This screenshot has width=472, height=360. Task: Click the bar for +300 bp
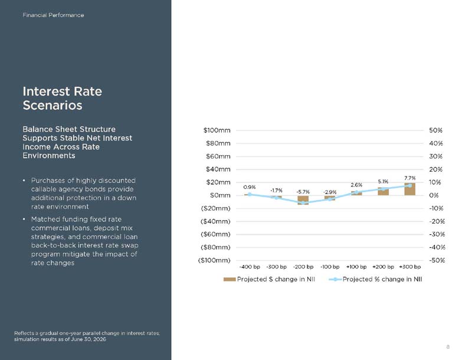(x=409, y=189)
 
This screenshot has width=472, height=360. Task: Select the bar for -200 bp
(x=303, y=200)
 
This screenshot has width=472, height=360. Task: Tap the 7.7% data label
(x=409, y=178)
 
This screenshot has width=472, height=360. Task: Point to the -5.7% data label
(x=303, y=192)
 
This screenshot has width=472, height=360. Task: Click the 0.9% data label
(x=250, y=187)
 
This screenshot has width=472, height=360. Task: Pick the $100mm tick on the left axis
(x=217, y=130)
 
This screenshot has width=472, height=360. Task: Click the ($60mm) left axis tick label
(x=215, y=234)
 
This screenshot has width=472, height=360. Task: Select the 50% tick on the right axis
(x=435, y=130)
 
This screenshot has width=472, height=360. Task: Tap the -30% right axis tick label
(x=437, y=234)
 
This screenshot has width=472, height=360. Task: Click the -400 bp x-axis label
(x=250, y=267)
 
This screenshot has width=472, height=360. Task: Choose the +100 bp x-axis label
(x=356, y=267)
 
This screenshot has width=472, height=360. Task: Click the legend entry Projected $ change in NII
(x=269, y=279)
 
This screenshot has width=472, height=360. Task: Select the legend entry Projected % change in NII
(x=375, y=279)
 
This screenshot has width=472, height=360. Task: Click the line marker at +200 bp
(x=383, y=189)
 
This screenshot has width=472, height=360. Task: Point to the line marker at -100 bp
(x=330, y=199)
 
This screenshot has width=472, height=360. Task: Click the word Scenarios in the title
(x=53, y=106)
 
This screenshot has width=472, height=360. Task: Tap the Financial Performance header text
(x=53, y=15)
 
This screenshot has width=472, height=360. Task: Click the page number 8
(x=448, y=347)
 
